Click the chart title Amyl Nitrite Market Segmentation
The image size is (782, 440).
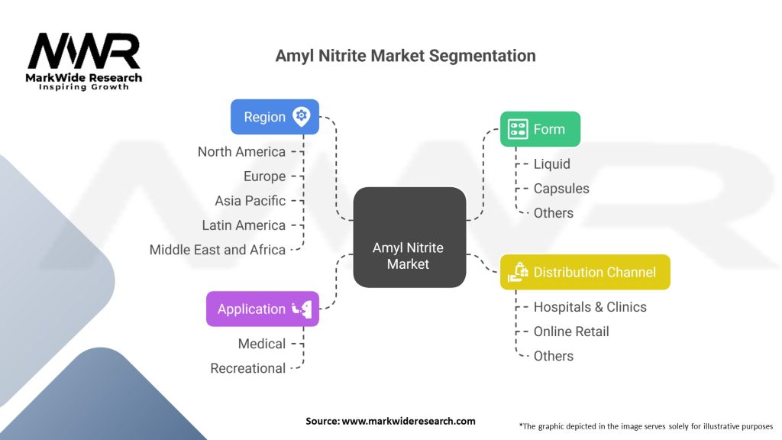pyautogui.click(x=406, y=56)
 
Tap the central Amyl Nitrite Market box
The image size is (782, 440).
pyautogui.click(x=409, y=237)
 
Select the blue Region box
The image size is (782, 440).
pyautogui.click(x=274, y=117)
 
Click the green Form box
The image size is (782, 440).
pyautogui.click(x=540, y=129)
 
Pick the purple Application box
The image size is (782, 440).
pyautogui.click(x=262, y=309)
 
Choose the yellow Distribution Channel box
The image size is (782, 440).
pyautogui.click(x=585, y=272)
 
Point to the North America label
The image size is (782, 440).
pyautogui.click(x=241, y=151)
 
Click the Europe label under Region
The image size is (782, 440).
pyautogui.click(x=264, y=176)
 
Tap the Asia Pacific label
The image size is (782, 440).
pyautogui.click(x=250, y=200)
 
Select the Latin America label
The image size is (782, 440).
pyautogui.click(x=244, y=225)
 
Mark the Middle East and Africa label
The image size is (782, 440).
pyautogui.click(x=218, y=249)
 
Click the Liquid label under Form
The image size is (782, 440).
pyautogui.click(x=551, y=163)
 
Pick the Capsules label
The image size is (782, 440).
pyautogui.click(x=561, y=188)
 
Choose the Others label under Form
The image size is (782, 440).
pyautogui.click(x=553, y=212)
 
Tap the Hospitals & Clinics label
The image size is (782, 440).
pyautogui.click(x=590, y=306)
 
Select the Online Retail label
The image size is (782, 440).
pyautogui.click(x=571, y=331)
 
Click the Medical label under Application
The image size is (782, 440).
pyautogui.click(x=262, y=344)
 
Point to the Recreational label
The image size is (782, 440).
pyautogui.click(x=248, y=368)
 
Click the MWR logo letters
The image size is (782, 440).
pyautogui.click(x=84, y=52)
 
